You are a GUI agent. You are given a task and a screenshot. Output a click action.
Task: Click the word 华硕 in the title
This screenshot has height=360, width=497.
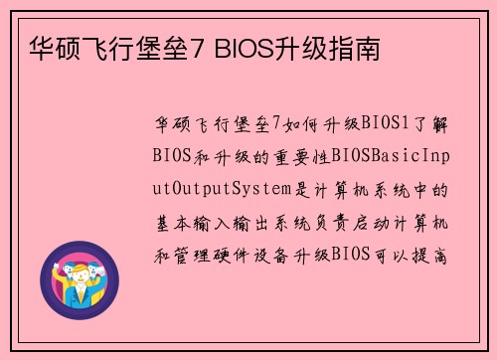pyautogui.click(x=49, y=47)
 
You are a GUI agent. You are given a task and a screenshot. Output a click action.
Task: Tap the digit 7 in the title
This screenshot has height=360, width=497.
pyautogui.click(x=192, y=47)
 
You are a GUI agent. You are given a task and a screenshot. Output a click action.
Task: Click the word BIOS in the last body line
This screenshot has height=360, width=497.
pyautogui.click(x=356, y=253)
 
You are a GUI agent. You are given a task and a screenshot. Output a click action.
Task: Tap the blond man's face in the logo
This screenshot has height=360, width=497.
pyautogui.click(x=79, y=269)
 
